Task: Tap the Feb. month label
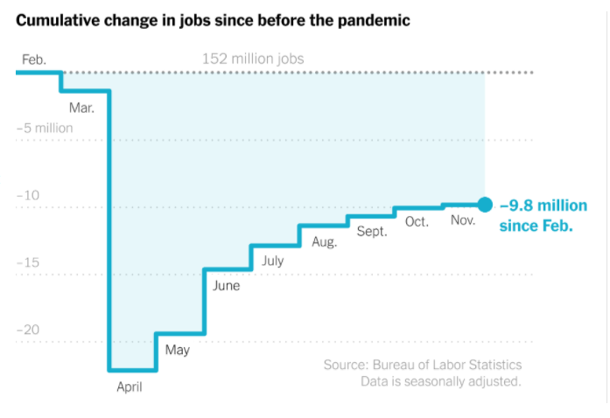pyautogui.click(x=34, y=59)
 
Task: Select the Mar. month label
pyautogui.click(x=81, y=108)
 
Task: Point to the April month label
pyautogui.click(x=129, y=387)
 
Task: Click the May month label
pyautogui.click(x=177, y=350)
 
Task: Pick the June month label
pyautogui.click(x=226, y=285)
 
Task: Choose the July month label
pyautogui.click(x=272, y=261)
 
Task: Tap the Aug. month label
pyautogui.click(x=324, y=241)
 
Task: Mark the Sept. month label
pyautogui.click(x=372, y=231)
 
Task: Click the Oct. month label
pyautogui.click(x=417, y=221)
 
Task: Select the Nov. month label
pyautogui.click(x=463, y=220)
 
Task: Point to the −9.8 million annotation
pyautogui.click(x=543, y=215)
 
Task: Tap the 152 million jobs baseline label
pyautogui.click(x=253, y=59)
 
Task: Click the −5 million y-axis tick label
pyautogui.click(x=45, y=128)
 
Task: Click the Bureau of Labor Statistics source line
pyautogui.click(x=422, y=365)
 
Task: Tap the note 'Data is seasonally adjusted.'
pyautogui.click(x=440, y=381)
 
